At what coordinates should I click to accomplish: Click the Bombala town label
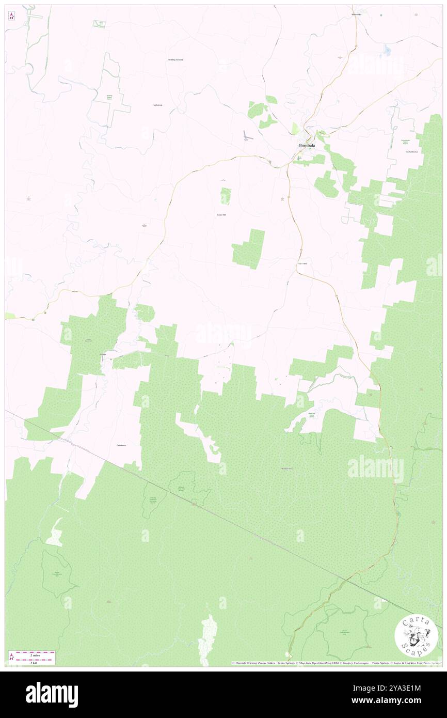coord(307,146)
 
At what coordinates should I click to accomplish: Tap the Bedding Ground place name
coord(175,60)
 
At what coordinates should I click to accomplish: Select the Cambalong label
coord(157,105)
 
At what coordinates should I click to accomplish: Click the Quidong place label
coord(103,355)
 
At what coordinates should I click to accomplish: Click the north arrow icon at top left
coord(11,17)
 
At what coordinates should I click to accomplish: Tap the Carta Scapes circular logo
coord(416,636)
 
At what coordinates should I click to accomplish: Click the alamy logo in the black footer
coord(52,694)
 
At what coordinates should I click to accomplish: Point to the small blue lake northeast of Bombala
coord(387,50)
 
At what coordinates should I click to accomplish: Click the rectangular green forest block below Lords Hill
coord(249,249)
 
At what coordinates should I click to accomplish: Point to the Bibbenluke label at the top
coord(356,14)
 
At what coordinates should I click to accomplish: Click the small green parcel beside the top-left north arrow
coord(98,24)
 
